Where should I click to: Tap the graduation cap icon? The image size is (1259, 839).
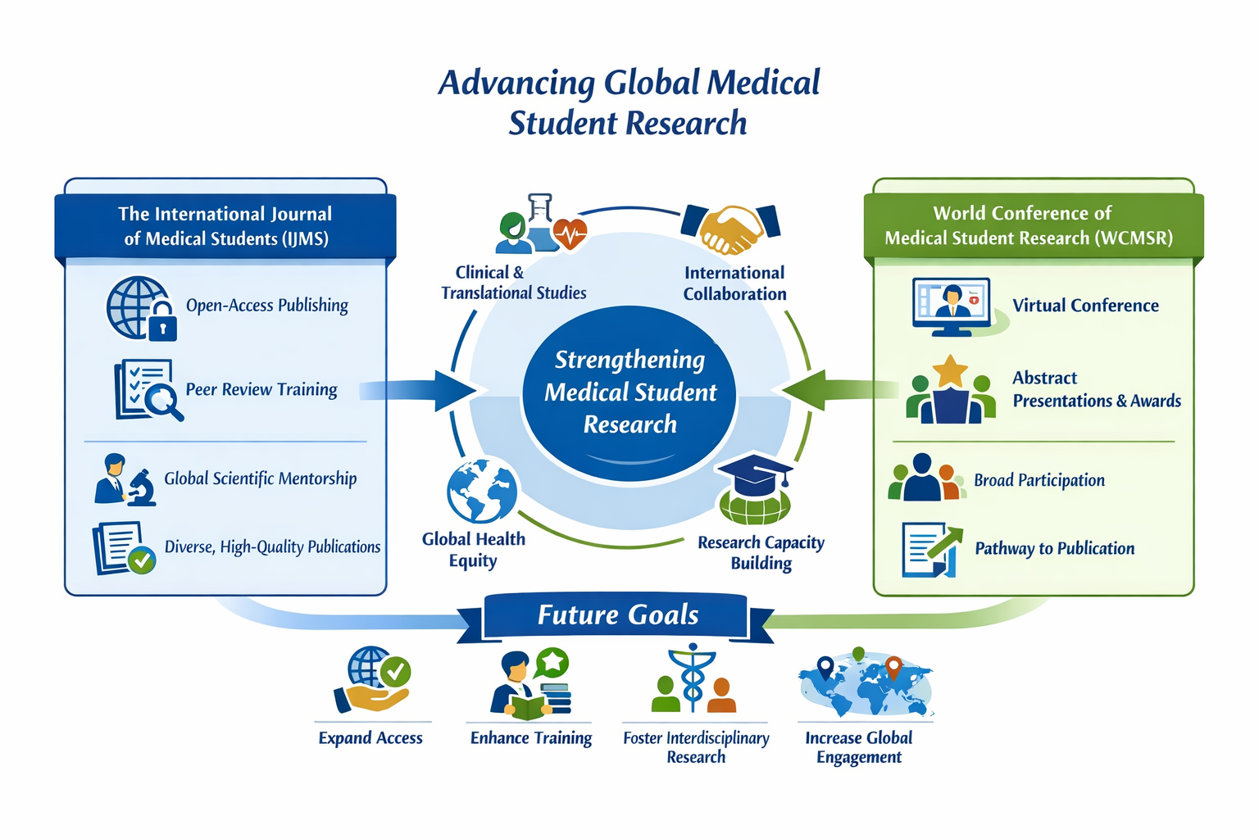click(754, 475)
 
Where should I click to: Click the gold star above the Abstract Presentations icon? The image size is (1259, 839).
click(950, 371)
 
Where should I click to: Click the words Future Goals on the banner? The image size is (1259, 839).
click(618, 615)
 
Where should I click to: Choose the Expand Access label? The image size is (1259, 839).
click(370, 738)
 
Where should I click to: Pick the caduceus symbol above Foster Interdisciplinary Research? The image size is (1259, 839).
click(693, 678)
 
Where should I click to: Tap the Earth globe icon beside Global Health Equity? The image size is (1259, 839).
click(482, 491)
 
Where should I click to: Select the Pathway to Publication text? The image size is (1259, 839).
click(1054, 548)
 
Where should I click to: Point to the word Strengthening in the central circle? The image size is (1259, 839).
click(629, 360)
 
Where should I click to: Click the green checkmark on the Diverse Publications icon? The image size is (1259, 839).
click(143, 560)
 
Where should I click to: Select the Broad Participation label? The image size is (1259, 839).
click(1039, 480)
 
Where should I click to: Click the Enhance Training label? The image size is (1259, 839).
click(530, 738)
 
